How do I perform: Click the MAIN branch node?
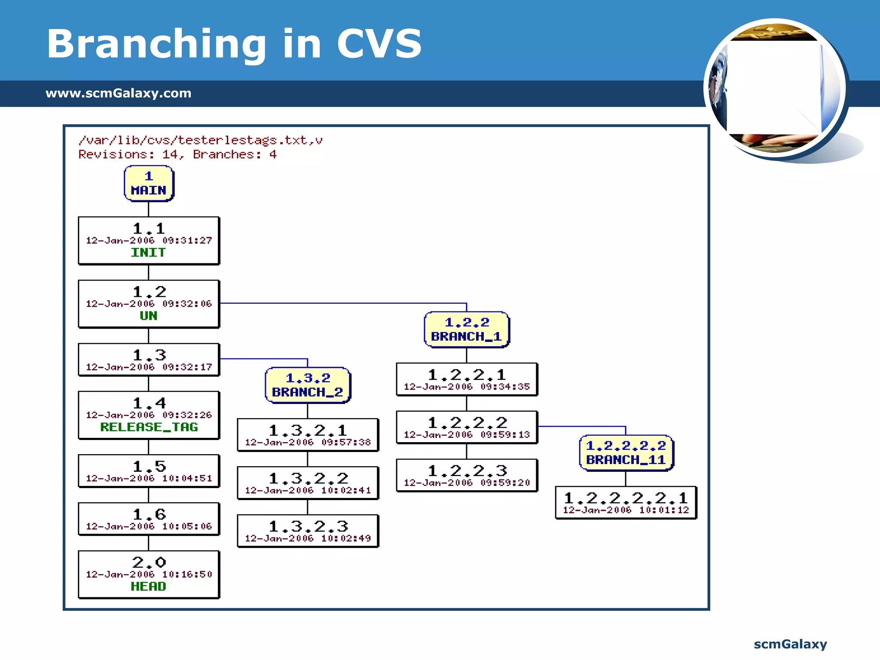coord(149,183)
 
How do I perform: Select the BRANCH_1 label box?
coord(466,330)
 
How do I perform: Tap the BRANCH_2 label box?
coord(308,385)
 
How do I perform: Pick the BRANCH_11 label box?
coord(626,453)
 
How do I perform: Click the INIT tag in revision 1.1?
coord(148,253)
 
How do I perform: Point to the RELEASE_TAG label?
coord(149,427)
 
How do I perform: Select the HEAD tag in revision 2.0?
coord(148,587)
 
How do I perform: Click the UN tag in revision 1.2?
coord(148,316)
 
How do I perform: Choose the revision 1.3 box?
coord(149,360)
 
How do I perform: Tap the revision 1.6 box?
coord(149,519)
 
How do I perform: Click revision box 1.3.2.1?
coord(308,435)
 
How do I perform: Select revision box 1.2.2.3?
coord(467,475)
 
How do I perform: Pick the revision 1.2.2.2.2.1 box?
coord(626,503)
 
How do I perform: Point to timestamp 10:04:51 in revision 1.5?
coord(187,479)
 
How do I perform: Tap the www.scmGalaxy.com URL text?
coord(118,93)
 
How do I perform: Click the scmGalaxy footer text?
coord(790,644)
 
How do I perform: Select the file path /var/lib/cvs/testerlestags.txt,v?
coord(200,141)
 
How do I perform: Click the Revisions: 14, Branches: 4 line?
coord(177,155)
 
